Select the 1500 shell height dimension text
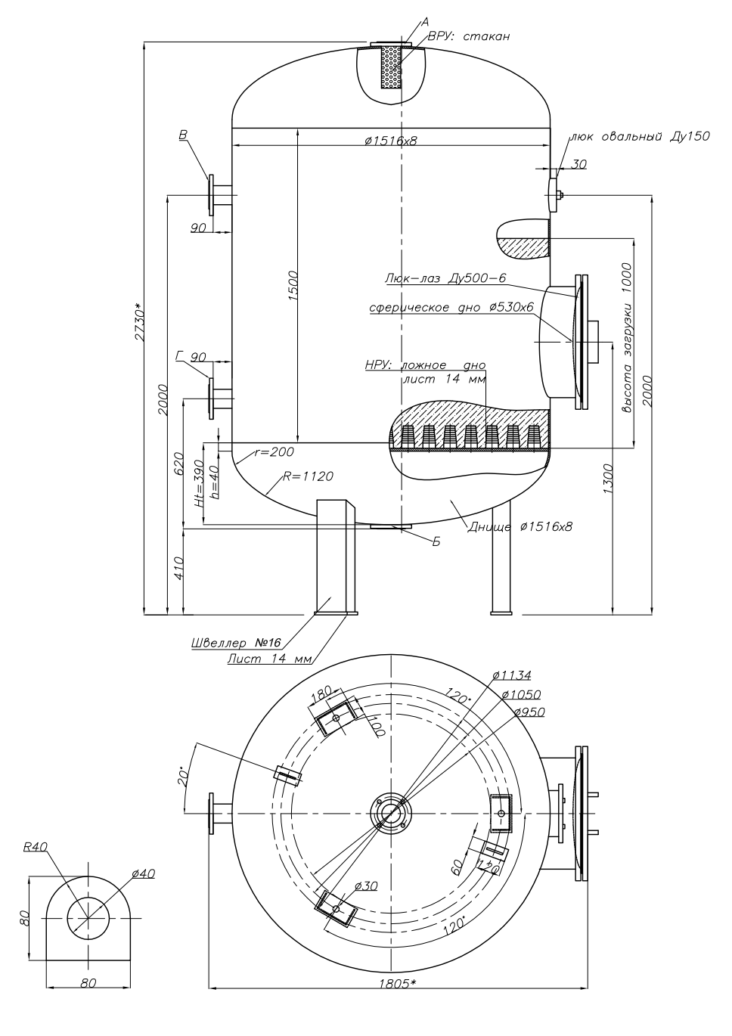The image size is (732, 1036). pyautogui.click(x=293, y=286)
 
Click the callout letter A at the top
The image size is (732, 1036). pyautogui.click(x=425, y=22)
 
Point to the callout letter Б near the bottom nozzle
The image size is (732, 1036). pyautogui.click(x=436, y=541)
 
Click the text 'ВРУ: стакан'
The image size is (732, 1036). pyautogui.click(x=468, y=36)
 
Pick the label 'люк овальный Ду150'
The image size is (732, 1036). pyautogui.click(x=640, y=136)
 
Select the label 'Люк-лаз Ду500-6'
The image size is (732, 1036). pyautogui.click(x=445, y=278)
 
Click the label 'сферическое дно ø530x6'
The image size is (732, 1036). pyautogui.click(x=451, y=308)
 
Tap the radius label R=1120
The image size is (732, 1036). pyautogui.click(x=308, y=476)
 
